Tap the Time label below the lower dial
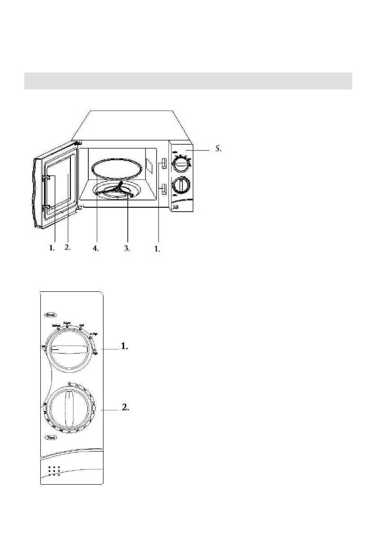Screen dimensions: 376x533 50,437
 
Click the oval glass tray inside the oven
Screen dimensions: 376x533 115,169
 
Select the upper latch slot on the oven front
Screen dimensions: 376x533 164,164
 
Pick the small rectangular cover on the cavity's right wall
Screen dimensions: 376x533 149,166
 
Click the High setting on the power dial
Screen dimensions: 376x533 95,352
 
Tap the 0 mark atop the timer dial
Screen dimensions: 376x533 69,383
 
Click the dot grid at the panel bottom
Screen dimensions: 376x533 53,471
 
